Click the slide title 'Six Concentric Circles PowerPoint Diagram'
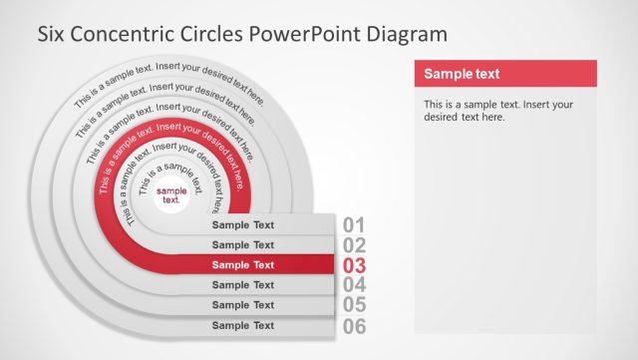tap(241, 33)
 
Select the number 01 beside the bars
tap(354, 225)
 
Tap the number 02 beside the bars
tap(354, 245)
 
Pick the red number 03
tap(355, 265)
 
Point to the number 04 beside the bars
tap(355, 285)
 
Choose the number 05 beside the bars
tap(355, 305)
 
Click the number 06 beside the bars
tap(355, 325)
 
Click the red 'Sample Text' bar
tap(243, 265)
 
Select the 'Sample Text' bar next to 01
tap(243, 225)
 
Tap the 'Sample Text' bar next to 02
tap(243, 245)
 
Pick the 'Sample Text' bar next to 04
tap(243, 285)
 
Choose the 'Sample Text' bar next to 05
tap(243, 305)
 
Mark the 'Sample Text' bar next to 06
tap(243, 325)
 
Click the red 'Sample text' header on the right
tap(504, 74)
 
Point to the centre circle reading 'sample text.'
tap(171, 195)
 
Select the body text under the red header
tap(497, 110)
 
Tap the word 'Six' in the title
tap(52, 33)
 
